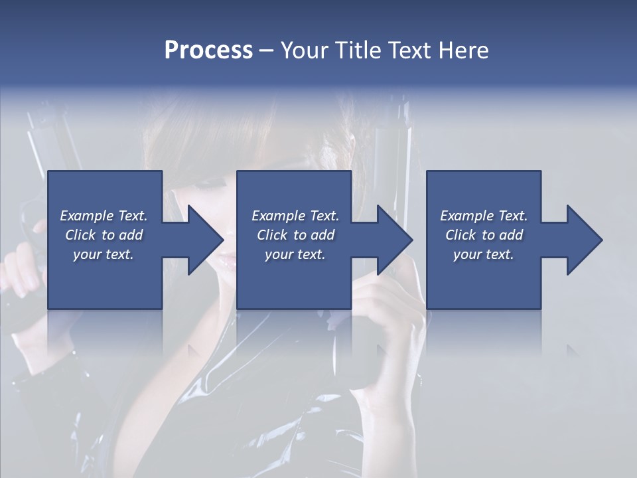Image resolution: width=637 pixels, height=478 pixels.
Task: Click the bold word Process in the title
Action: pos(208,50)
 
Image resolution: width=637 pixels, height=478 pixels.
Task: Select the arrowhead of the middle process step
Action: pos(393,240)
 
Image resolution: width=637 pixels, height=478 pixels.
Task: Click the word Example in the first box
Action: pos(86,216)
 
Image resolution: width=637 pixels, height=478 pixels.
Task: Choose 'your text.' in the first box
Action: pos(104,254)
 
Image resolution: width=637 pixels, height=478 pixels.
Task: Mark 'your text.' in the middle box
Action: pos(295,254)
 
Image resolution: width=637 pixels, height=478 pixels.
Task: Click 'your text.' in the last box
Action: pos(484,254)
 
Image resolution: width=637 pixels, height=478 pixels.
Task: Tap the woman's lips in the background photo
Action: pos(226,262)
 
